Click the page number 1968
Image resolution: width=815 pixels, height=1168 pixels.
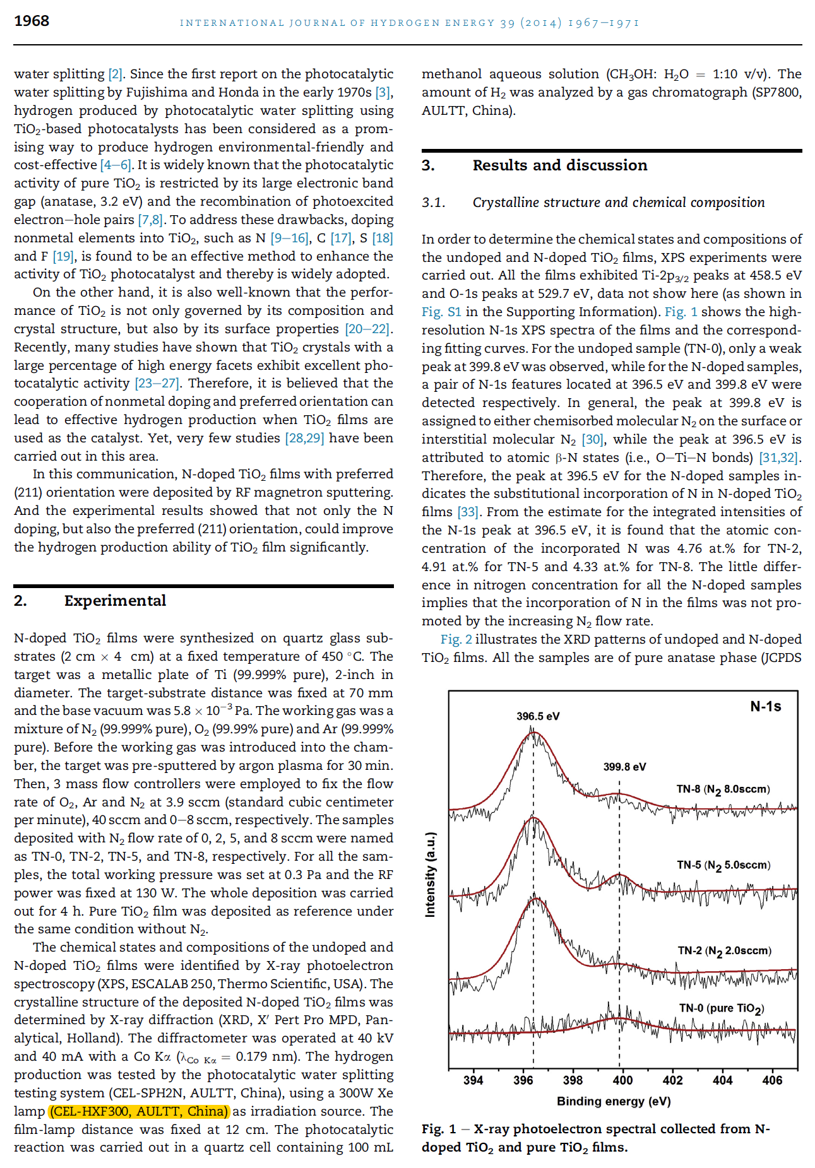click(x=32, y=21)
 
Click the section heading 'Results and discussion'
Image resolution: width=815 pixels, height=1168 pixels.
click(x=559, y=165)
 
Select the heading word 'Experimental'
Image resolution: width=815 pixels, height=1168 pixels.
click(x=115, y=601)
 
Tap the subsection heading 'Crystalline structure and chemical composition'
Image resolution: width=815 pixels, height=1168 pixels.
click(x=618, y=203)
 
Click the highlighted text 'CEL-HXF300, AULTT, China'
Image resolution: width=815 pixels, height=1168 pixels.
click(x=139, y=1111)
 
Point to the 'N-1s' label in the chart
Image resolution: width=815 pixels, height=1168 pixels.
click(x=765, y=706)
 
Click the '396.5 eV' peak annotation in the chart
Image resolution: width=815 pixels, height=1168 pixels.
click(x=538, y=716)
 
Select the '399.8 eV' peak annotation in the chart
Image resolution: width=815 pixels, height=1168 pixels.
click(x=624, y=767)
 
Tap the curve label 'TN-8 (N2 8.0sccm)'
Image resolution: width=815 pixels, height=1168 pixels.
click(x=723, y=789)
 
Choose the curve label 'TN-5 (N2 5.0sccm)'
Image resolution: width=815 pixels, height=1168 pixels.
click(x=723, y=865)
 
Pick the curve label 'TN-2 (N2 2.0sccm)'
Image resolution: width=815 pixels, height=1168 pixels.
click(x=724, y=951)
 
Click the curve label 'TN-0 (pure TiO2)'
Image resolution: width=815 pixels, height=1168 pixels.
click(x=721, y=1008)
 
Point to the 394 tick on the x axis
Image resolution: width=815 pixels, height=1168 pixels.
click(x=473, y=1080)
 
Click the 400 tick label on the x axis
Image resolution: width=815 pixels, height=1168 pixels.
click(x=622, y=1080)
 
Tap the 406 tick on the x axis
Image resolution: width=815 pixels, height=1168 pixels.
click(x=772, y=1080)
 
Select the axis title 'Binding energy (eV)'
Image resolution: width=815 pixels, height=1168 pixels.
click(x=613, y=1101)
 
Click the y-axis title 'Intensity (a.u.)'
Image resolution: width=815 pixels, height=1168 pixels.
click(x=430, y=875)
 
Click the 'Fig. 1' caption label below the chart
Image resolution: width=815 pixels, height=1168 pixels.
click(x=439, y=1129)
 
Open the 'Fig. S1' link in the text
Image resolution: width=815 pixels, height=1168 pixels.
click(x=441, y=312)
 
